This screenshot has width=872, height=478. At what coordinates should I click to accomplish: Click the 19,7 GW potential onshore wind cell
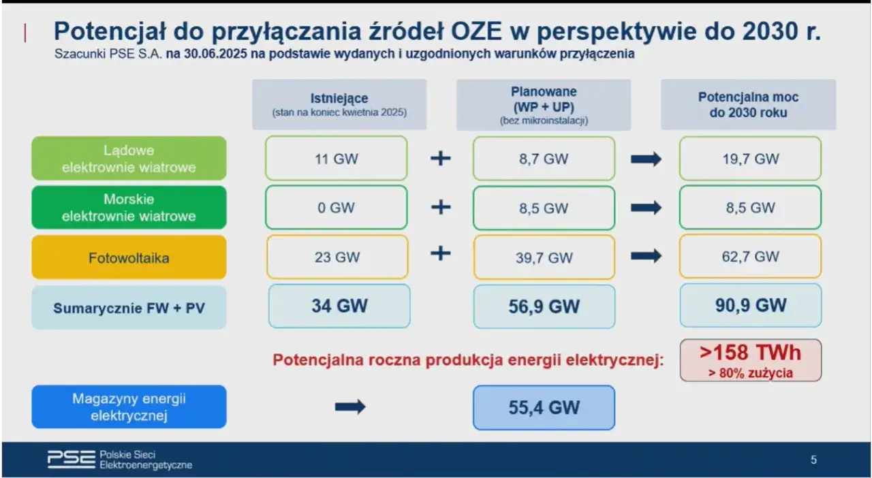[x=750, y=159]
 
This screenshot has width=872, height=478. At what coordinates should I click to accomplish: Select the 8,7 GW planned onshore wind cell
[x=544, y=159]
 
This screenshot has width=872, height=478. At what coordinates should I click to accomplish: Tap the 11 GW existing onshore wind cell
[x=337, y=159]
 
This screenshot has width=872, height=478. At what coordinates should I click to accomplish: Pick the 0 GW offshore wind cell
[x=337, y=208]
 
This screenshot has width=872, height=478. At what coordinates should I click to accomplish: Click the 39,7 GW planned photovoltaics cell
[x=544, y=257]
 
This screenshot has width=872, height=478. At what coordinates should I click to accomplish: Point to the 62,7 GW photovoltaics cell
[x=750, y=257]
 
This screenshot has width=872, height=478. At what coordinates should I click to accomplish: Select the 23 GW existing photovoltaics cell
[x=337, y=257]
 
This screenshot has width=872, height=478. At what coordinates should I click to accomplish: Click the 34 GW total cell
[x=339, y=306]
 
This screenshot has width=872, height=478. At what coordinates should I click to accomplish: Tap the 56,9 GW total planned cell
[x=544, y=306]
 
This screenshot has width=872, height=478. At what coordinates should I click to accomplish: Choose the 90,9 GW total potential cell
[x=750, y=306]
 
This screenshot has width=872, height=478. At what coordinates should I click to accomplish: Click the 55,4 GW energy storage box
[x=544, y=407]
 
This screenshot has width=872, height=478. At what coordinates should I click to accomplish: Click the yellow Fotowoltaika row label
[x=129, y=257]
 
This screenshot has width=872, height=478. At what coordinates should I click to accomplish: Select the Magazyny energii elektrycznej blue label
[x=129, y=407]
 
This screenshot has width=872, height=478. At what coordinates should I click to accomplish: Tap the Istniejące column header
[x=339, y=104]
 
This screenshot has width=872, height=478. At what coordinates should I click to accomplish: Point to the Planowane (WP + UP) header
[x=544, y=104]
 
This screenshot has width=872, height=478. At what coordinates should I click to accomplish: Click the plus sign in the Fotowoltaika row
[x=441, y=254]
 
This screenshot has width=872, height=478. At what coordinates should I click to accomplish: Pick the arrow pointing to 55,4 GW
[x=350, y=407]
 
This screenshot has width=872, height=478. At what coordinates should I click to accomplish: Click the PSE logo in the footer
[x=71, y=460]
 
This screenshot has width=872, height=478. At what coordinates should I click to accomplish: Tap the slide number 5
[x=813, y=460]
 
